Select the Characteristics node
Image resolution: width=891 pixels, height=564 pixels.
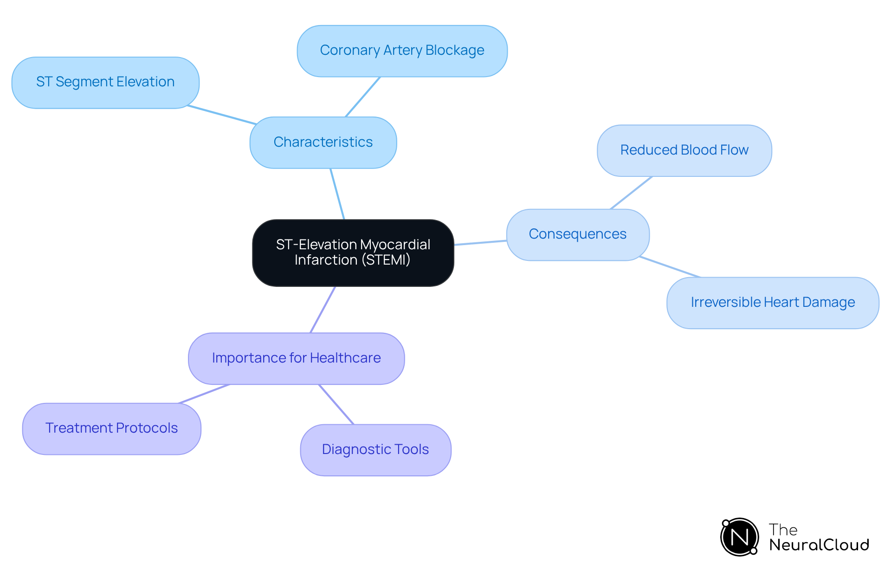pyautogui.click(x=323, y=143)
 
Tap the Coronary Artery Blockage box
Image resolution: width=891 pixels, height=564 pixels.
pyautogui.click(x=402, y=51)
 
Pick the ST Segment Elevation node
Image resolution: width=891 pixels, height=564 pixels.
pyautogui.click(x=105, y=83)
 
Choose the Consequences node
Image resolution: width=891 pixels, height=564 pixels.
pyautogui.click(x=578, y=234)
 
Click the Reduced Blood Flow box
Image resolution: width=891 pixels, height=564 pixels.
pyautogui.click(x=684, y=150)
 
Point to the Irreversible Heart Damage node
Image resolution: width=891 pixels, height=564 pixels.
pyautogui.click(x=773, y=303)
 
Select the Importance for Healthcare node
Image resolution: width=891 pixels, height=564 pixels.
pyautogui.click(x=296, y=358)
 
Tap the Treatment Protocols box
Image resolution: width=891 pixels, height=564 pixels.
pyautogui.click(x=111, y=428)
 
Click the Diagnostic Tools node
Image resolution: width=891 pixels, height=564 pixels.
pyautogui.click(x=375, y=450)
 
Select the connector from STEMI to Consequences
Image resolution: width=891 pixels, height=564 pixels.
pyautogui.click(x=480, y=243)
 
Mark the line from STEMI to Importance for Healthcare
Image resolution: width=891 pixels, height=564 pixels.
pyautogui.click(x=323, y=309)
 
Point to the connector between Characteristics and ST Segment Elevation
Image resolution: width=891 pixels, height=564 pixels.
pyautogui.click(x=222, y=115)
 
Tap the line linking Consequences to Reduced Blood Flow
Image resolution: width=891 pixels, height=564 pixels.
pyautogui.click(x=631, y=193)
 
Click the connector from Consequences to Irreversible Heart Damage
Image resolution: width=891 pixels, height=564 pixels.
pyautogui.click(x=670, y=267)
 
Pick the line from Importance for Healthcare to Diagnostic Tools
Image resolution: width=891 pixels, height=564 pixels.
pyautogui.click(x=336, y=404)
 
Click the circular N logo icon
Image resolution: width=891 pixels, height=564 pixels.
pyautogui.click(x=739, y=537)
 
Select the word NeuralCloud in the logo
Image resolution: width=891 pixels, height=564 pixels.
pyautogui.click(x=819, y=545)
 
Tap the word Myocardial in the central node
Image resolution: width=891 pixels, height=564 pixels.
pyautogui.click(x=395, y=245)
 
